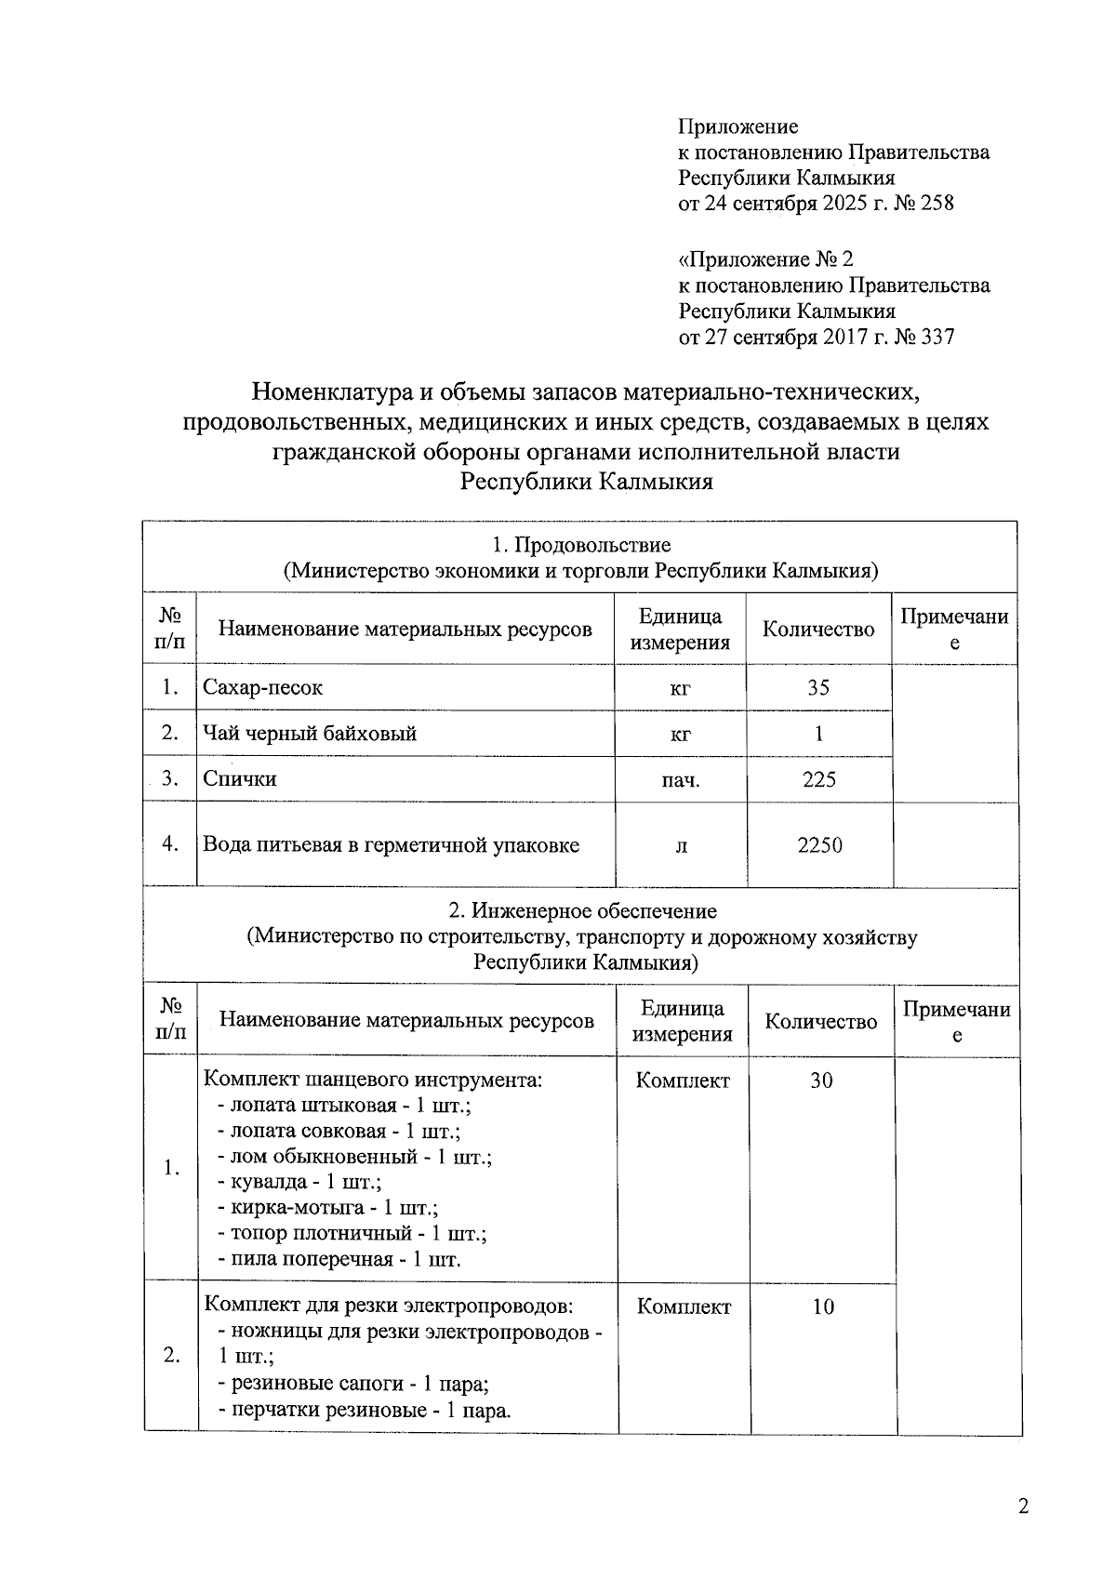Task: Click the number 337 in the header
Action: (936, 338)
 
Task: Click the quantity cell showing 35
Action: (818, 688)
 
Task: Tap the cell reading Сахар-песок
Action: (263, 688)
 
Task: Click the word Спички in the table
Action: (240, 779)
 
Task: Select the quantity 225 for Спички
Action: (818, 779)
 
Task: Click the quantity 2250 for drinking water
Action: (819, 845)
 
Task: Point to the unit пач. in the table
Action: (680, 780)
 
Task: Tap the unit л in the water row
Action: (681, 846)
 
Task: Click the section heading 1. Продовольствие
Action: (580, 545)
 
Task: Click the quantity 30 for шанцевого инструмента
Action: (821, 1081)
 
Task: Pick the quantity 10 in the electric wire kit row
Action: (823, 1307)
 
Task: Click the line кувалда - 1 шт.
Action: (299, 1183)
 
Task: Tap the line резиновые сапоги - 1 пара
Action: (353, 1384)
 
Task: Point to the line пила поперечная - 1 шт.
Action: (339, 1260)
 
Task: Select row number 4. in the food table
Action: (170, 844)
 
